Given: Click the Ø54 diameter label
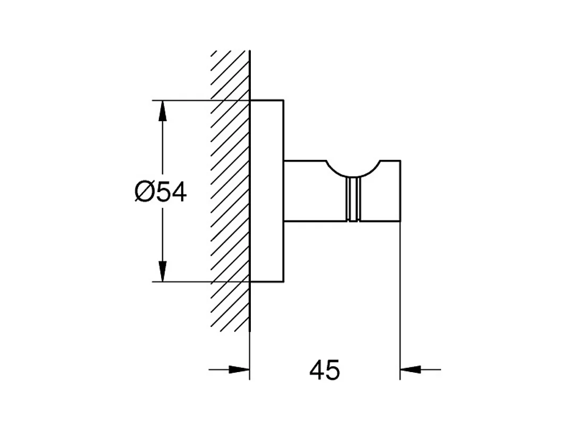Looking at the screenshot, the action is pos(161,192).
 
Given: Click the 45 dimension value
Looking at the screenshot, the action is pos(324,369).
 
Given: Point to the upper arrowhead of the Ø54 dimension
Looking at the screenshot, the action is pos(163,111).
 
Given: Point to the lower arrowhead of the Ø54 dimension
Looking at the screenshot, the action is pos(163,271).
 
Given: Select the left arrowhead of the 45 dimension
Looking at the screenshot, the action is pos(239,369).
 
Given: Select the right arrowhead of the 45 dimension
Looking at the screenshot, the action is pos(411,369).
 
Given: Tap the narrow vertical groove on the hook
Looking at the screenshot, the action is pos(353,200).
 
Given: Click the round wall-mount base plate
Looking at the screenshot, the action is pos(267,191).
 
